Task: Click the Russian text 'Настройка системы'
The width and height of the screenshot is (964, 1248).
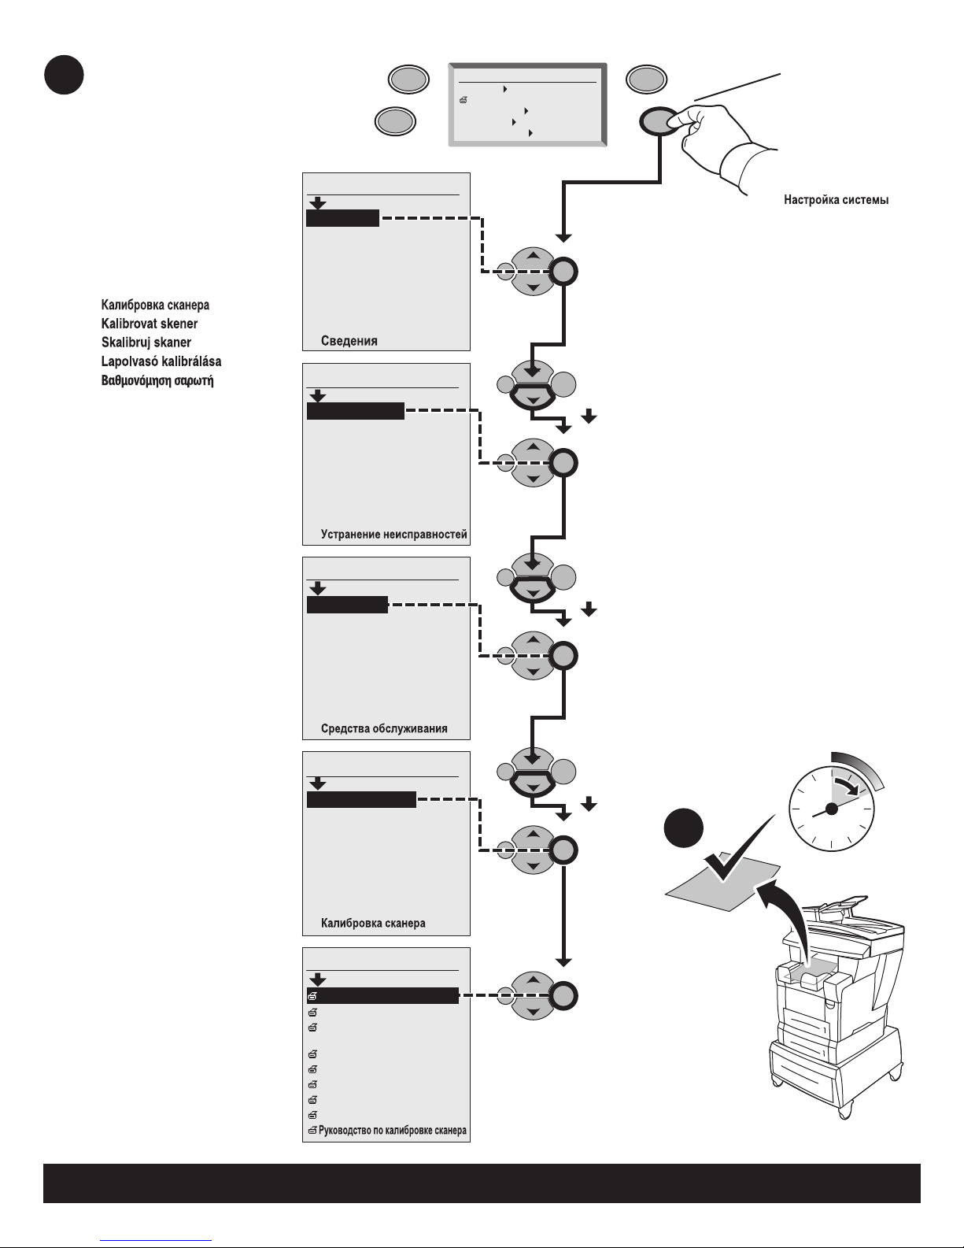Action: pos(836,201)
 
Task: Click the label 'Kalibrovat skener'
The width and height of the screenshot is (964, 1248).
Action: pos(150,324)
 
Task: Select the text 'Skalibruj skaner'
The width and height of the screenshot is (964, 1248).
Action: pos(146,343)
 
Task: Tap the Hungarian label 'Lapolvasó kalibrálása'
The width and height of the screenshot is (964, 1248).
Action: pos(161,361)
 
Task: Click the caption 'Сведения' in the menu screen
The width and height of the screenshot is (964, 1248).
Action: pos(349,341)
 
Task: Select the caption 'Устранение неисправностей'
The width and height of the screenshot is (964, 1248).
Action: pos(393,535)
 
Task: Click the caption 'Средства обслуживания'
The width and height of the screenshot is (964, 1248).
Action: pos(384,728)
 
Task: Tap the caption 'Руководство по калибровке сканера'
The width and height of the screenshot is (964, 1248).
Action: pos(392,1131)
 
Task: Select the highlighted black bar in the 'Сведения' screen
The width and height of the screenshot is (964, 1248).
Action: pos(342,218)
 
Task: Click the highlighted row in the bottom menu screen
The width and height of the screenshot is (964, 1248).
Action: pos(382,996)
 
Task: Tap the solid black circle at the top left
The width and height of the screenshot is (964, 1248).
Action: pos(63,75)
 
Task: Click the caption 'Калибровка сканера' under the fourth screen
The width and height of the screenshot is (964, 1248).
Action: pos(373,923)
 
